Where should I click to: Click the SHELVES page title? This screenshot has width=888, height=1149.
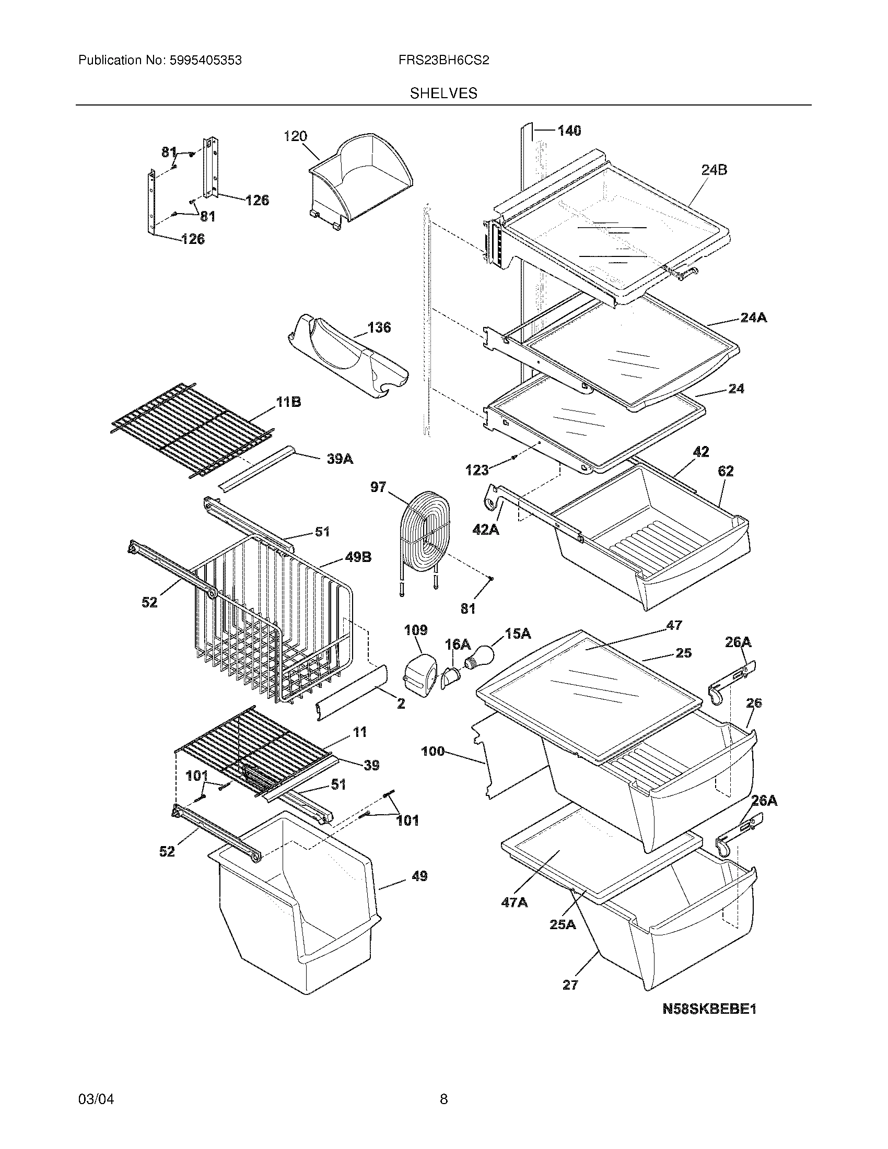[443, 93]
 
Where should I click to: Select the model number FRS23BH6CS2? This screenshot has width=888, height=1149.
[443, 61]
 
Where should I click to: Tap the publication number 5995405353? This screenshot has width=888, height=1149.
[205, 61]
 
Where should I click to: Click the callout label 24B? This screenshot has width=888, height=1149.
[714, 170]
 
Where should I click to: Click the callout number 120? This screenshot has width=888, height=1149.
[295, 137]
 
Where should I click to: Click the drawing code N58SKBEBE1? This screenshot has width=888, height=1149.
[709, 1009]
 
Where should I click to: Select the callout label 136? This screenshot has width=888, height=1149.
[379, 328]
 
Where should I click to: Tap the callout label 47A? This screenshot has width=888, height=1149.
[514, 903]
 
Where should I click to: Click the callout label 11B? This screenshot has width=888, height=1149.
[288, 403]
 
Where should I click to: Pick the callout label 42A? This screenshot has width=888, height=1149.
[486, 529]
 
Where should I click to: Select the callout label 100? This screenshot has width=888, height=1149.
[433, 752]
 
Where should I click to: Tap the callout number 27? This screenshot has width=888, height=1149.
[570, 986]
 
